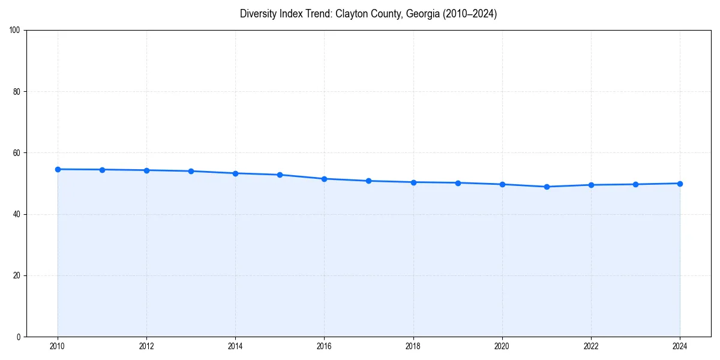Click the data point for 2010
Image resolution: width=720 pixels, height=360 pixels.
point(58,169)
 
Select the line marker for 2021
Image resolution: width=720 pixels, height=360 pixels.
point(547,187)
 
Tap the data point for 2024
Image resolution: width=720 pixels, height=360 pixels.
point(680,184)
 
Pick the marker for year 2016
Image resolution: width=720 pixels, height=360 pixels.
point(324,179)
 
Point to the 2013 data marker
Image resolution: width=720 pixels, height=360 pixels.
point(191,171)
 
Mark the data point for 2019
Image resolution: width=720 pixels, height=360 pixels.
point(458,183)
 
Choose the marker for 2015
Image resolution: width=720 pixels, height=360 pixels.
point(280,175)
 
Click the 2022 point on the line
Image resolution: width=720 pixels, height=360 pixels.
point(591,185)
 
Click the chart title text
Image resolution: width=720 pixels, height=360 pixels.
point(368,14)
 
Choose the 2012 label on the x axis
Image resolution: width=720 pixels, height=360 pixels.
point(146,346)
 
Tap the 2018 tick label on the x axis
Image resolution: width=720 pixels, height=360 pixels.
point(413,346)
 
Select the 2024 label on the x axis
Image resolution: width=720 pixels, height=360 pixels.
point(680,346)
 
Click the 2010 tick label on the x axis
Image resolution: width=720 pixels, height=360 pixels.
point(58,346)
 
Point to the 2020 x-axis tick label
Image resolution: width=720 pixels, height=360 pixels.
point(502,346)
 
